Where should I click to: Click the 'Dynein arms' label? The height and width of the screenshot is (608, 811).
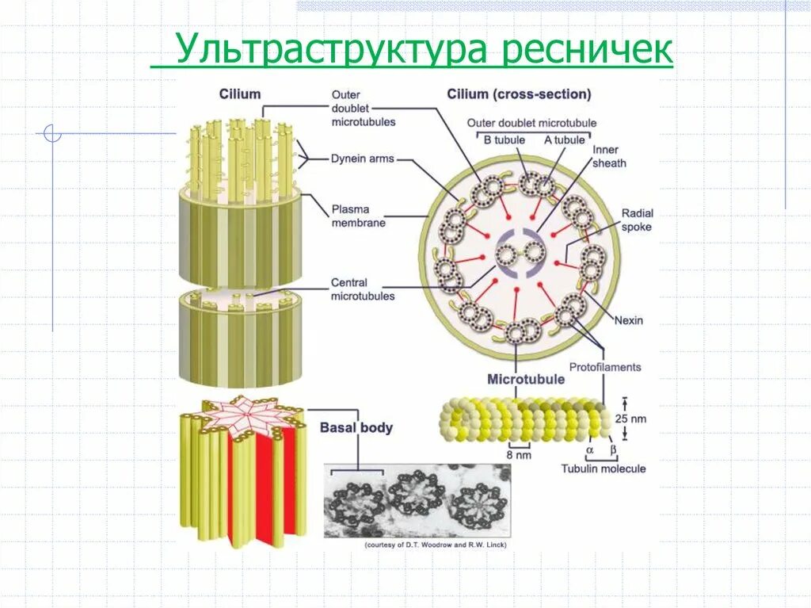[x=363, y=159]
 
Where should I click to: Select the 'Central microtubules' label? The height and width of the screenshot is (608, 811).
[x=363, y=289]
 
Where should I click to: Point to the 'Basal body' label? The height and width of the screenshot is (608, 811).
[x=356, y=428]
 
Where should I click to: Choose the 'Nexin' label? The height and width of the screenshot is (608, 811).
[x=629, y=321]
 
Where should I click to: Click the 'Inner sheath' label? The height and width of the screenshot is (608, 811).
[x=609, y=156]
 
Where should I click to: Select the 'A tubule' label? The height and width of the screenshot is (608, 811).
[x=564, y=140]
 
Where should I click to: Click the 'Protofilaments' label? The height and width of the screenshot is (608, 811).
[x=605, y=367]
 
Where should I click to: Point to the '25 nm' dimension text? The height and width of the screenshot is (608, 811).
[x=631, y=418]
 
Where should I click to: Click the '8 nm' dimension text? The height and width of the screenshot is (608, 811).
[x=519, y=455]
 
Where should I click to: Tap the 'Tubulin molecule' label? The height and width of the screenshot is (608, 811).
[x=603, y=468]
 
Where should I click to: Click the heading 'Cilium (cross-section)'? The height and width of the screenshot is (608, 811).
[x=519, y=94]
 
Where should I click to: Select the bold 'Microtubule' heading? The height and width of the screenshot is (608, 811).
[x=526, y=380]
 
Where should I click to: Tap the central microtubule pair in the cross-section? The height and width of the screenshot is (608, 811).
[x=518, y=254]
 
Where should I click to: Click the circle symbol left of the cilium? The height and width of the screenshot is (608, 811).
[x=52, y=133]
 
